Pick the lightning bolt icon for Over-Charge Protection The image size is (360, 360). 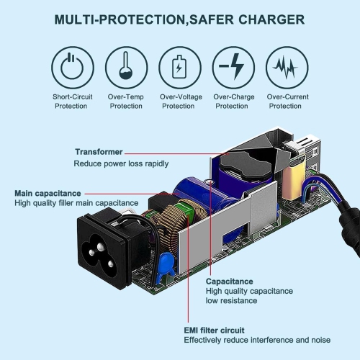click(x=232, y=68)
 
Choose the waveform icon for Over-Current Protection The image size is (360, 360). click(x=285, y=68)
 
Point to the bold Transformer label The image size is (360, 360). click(x=99, y=152)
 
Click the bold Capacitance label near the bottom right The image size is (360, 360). click(x=229, y=281)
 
